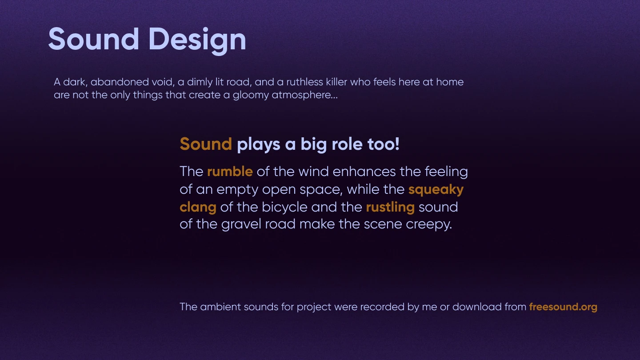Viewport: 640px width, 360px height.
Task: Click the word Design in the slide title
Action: tap(197, 40)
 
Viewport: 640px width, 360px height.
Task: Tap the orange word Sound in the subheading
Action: tap(206, 144)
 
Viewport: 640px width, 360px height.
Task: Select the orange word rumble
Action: tap(230, 172)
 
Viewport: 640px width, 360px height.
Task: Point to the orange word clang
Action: tap(198, 208)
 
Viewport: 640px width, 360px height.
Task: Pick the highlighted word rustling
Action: tap(390, 208)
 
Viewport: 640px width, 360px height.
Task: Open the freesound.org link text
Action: tap(563, 307)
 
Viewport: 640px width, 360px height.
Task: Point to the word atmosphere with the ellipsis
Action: tap(305, 95)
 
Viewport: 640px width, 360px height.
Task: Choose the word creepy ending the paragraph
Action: tap(429, 224)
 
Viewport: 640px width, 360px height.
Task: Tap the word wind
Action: tap(314, 172)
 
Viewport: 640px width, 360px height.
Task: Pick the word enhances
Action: tap(364, 172)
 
